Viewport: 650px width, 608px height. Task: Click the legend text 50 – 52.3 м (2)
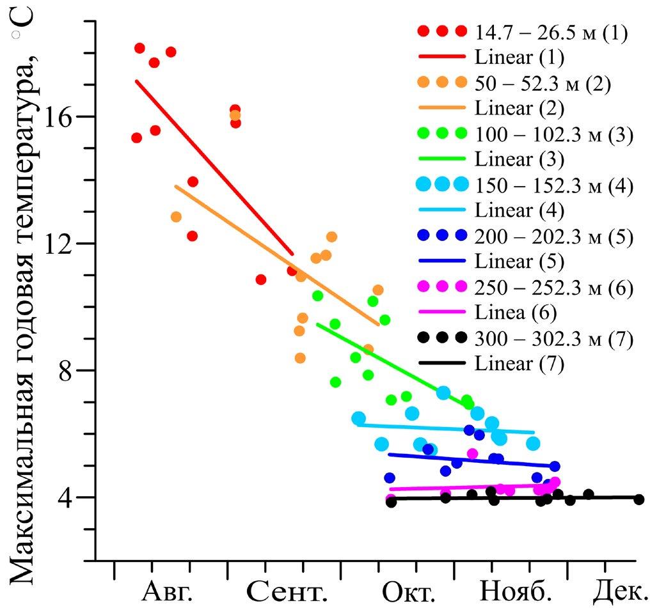(543, 82)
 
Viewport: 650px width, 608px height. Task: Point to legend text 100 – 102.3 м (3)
(554, 134)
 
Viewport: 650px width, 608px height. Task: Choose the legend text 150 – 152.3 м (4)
(554, 185)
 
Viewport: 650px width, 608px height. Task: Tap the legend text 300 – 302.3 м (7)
(554, 339)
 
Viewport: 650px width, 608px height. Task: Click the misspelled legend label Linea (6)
(515, 313)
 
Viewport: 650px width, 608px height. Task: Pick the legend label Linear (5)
(519, 262)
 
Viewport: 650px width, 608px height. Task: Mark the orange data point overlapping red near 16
(235, 116)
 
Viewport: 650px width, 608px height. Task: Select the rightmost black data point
(638, 499)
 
